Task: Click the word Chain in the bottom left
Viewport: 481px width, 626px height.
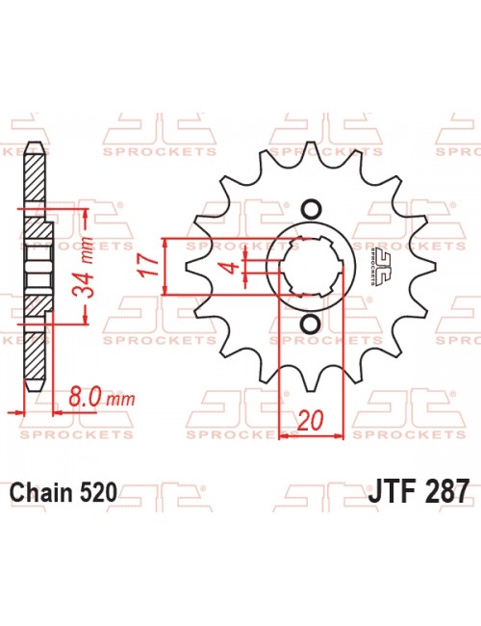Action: point(39,492)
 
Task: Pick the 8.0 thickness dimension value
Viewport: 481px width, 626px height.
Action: point(85,397)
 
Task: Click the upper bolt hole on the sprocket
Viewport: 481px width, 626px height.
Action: point(311,209)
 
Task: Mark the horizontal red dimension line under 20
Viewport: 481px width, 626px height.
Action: point(311,436)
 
